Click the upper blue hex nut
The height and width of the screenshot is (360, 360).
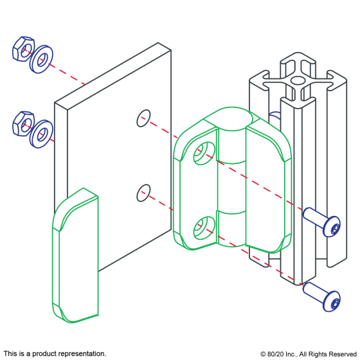pyautogui.click(x=23, y=49)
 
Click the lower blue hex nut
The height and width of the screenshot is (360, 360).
pyautogui.click(x=23, y=123)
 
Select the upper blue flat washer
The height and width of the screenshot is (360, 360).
pyautogui.click(x=41, y=59)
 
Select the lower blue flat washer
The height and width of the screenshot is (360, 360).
pyautogui.click(x=41, y=134)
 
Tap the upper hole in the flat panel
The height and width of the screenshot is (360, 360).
pyautogui.click(x=144, y=118)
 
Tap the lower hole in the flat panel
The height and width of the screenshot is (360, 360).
pyautogui.click(x=144, y=193)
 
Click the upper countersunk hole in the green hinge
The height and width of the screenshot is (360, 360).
pyautogui.click(x=204, y=153)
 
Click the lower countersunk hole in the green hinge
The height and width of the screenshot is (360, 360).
pyautogui.click(x=204, y=228)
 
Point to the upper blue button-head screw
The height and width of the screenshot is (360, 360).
pyautogui.click(x=321, y=222)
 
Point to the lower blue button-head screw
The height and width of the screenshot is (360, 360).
pyautogui.click(x=321, y=297)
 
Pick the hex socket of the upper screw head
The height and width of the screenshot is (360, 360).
pyautogui.click(x=335, y=228)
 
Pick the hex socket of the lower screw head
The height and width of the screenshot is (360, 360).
pyautogui.click(x=335, y=303)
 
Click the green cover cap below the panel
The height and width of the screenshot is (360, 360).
pyautogui.click(x=75, y=255)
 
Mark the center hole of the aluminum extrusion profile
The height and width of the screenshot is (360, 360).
pyautogui.click(x=297, y=80)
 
